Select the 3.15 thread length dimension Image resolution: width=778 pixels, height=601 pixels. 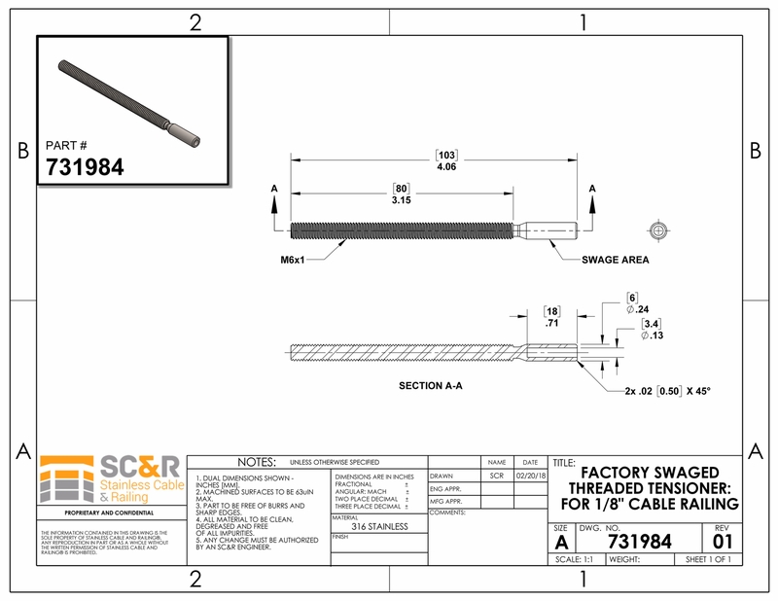[399, 199]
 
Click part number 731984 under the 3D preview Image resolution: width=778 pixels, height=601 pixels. [85, 166]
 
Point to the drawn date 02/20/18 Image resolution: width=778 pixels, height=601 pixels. [530, 477]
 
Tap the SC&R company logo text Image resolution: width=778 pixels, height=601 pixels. [135, 466]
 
